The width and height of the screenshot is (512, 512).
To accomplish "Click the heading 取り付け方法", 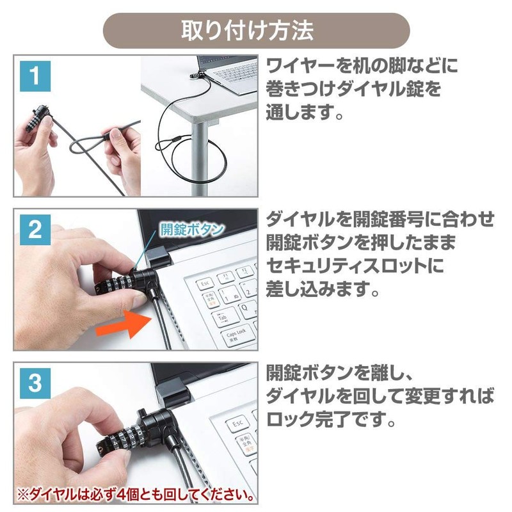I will click(256, 30).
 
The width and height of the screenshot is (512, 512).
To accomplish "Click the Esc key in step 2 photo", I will click(206, 282).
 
